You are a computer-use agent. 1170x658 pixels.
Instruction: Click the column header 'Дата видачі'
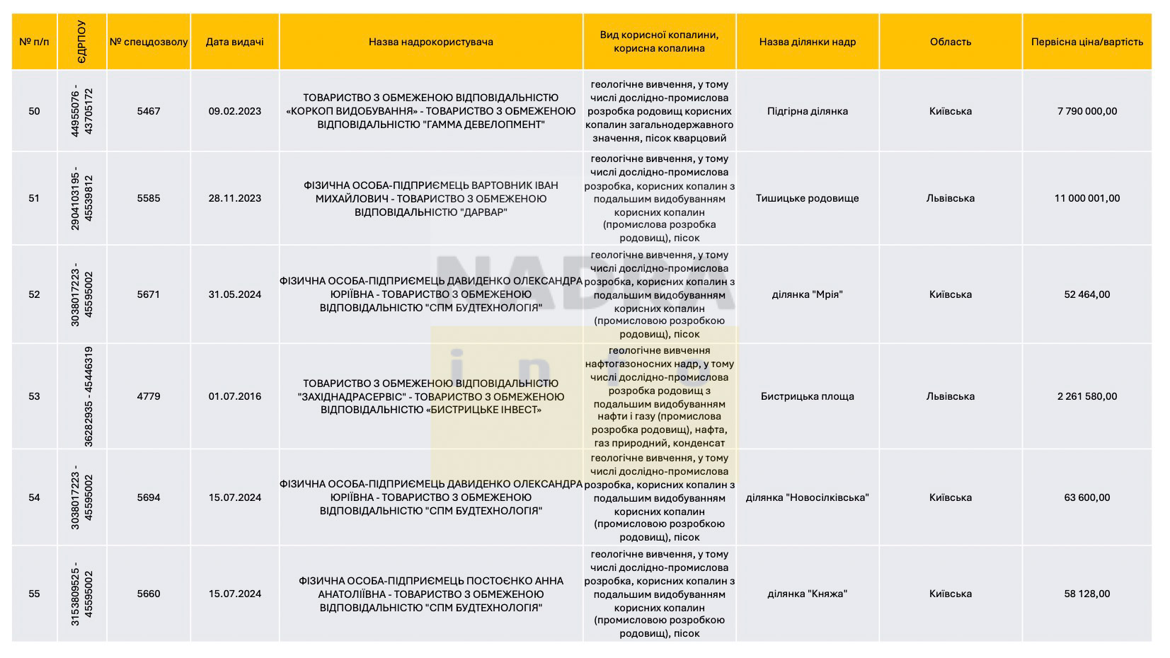[x=234, y=42]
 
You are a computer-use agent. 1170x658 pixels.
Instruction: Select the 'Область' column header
[x=950, y=42]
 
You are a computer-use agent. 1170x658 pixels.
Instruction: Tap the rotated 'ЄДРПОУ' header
[x=81, y=42]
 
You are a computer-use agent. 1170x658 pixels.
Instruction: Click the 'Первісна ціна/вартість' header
[x=1086, y=42]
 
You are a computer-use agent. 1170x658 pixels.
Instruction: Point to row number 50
[x=34, y=111]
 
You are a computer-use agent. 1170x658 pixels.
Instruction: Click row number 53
[x=34, y=396]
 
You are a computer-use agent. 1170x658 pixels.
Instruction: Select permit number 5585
[x=149, y=198]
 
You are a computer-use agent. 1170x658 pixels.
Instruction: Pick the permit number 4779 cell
[x=149, y=396]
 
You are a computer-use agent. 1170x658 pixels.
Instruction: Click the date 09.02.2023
[x=234, y=111]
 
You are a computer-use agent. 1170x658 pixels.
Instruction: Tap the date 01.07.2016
[x=234, y=396]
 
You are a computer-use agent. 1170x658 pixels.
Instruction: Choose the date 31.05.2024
[x=234, y=294]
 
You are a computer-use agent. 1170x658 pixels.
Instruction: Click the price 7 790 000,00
[x=1086, y=111]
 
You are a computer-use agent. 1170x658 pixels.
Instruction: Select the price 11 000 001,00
[x=1086, y=198]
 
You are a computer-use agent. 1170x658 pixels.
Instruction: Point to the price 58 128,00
[x=1086, y=594]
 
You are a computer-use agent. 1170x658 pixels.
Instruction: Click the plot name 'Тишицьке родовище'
[x=807, y=198]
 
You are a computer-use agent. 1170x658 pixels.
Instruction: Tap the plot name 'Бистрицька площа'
[x=807, y=396]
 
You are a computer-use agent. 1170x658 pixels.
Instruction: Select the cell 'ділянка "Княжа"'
[x=807, y=594]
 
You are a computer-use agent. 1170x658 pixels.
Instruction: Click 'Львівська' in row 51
[x=950, y=198]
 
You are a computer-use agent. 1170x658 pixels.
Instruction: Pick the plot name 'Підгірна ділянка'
[x=807, y=111]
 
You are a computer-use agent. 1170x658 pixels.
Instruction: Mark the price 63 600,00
[x=1086, y=497]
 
